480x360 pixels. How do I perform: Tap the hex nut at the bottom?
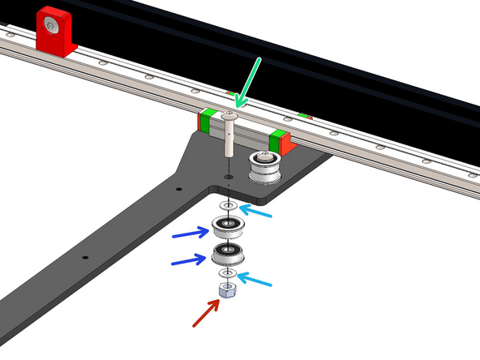point(227,291)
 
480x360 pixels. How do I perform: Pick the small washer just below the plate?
point(229,207)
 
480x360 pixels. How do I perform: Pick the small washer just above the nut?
point(228,273)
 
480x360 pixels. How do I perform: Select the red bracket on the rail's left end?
point(54,32)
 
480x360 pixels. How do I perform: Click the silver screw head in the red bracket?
point(51,28)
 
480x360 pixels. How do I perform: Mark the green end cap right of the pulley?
point(278,139)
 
